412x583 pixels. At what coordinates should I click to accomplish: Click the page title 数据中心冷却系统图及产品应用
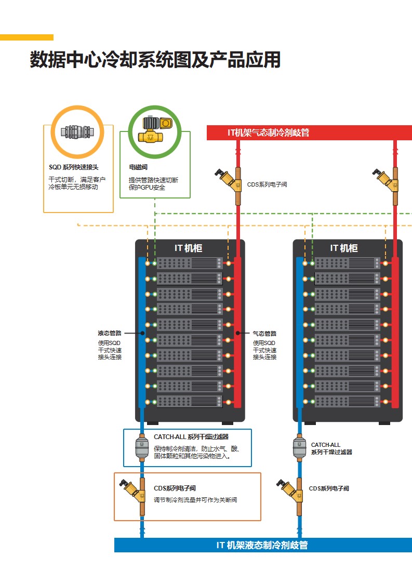click(x=155, y=60)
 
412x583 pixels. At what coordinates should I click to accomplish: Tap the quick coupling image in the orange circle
click(x=77, y=132)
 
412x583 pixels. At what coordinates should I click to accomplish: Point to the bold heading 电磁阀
click(x=138, y=167)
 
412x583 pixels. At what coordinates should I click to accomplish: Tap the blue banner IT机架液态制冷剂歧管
click(x=262, y=545)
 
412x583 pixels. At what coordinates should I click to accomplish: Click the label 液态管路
click(x=110, y=334)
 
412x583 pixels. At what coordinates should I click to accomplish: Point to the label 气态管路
click(x=264, y=334)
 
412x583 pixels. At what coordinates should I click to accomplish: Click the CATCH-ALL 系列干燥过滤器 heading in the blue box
click(x=191, y=437)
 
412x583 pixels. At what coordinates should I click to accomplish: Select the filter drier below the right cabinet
click(x=299, y=447)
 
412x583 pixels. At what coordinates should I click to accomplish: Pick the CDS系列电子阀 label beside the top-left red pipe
click(x=267, y=184)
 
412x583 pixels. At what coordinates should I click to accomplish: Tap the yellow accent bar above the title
click(x=26, y=37)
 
